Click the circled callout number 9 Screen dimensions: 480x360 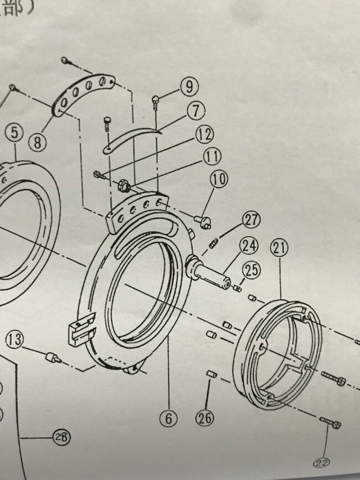pyautogui.click(x=189, y=86)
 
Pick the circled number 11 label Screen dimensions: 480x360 pyautogui.click(x=210, y=157)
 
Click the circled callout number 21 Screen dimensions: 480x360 pyautogui.click(x=280, y=250)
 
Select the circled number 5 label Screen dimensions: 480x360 pyautogui.click(x=14, y=134)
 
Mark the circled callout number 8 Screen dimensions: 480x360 pyautogui.click(x=37, y=142)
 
